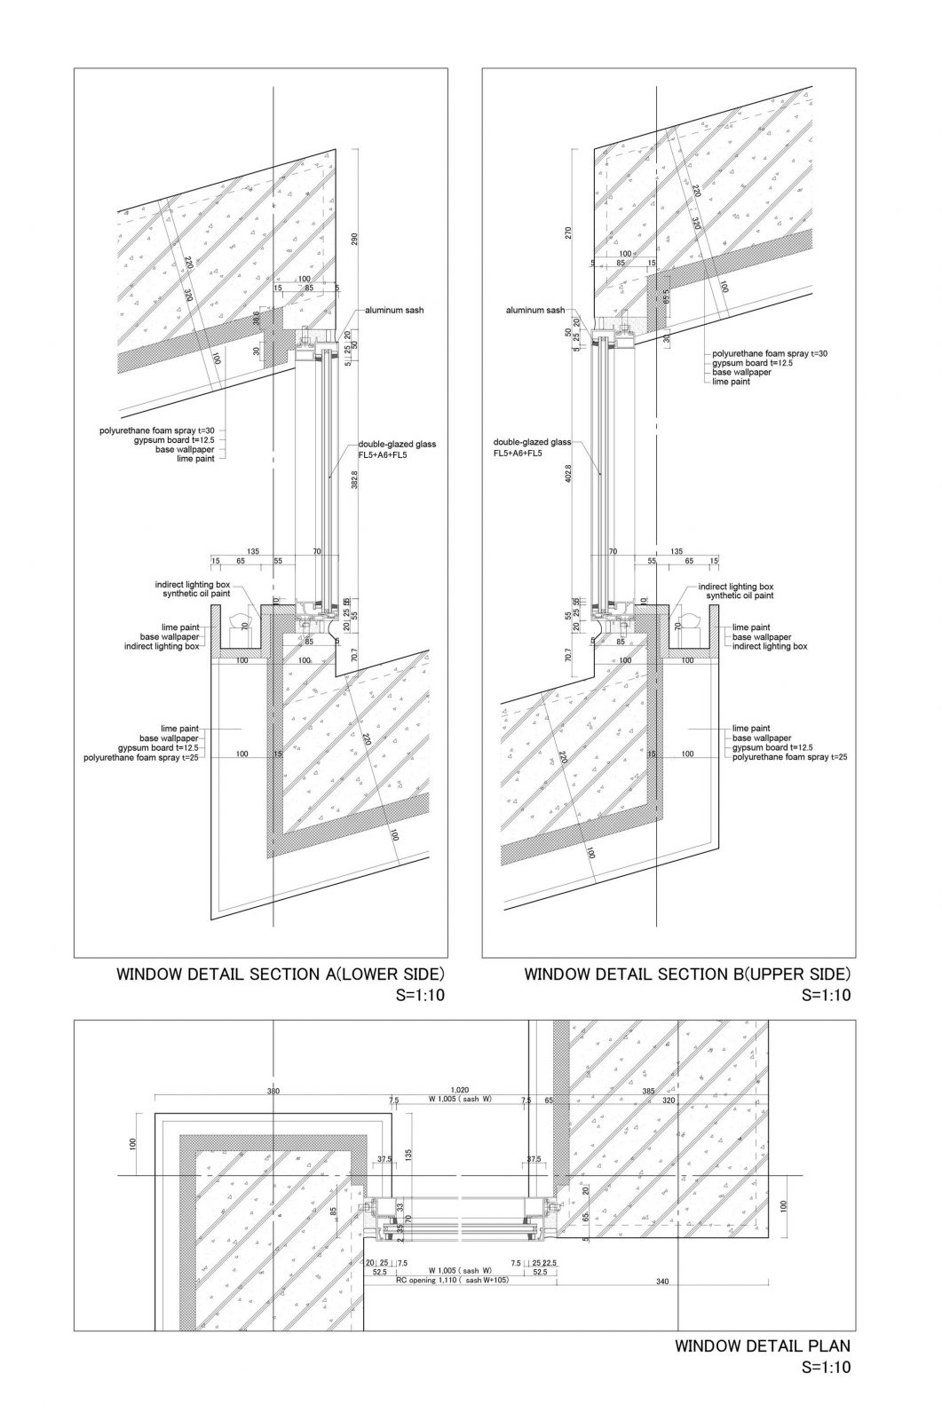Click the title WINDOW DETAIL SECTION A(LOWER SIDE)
click(x=280, y=974)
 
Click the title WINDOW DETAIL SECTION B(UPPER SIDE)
click(x=687, y=974)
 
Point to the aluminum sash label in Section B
click(x=535, y=311)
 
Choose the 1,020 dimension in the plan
click(x=460, y=1089)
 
